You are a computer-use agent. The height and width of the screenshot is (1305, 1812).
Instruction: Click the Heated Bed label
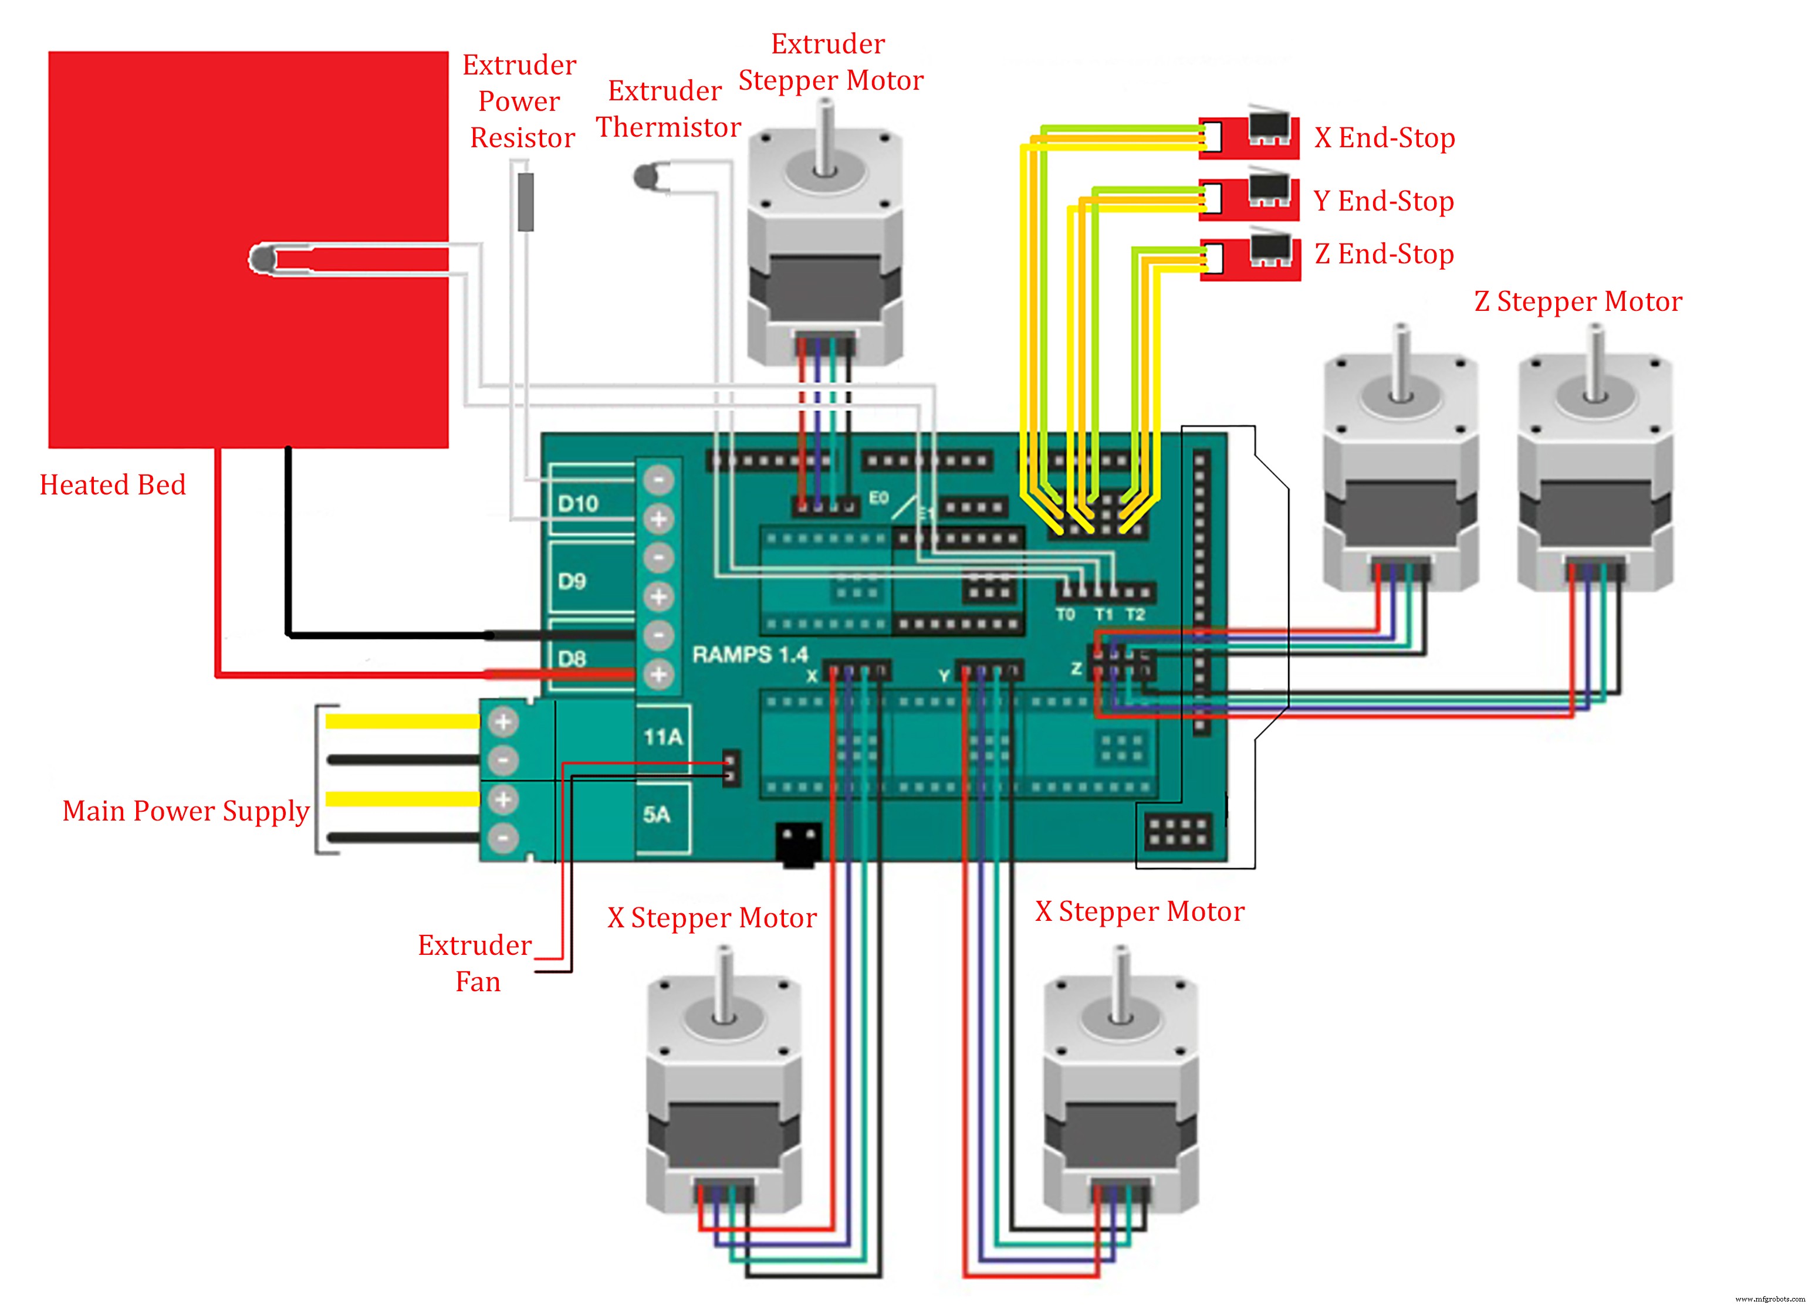coord(113,485)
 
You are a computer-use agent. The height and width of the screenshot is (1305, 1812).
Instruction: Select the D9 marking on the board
coord(572,581)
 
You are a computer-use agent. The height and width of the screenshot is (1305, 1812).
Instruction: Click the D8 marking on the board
coord(572,659)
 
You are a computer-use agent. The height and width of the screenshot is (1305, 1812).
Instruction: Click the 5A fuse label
coord(657,815)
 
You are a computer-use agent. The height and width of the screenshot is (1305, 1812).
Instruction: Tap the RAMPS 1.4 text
coord(750,655)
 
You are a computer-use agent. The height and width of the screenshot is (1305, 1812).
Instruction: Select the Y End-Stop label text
coord(1384,201)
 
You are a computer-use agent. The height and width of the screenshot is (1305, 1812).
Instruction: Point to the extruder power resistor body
coord(525,201)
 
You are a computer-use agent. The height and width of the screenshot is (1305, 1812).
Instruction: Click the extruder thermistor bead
coord(645,177)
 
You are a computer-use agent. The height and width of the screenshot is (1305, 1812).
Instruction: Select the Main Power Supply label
coord(185,811)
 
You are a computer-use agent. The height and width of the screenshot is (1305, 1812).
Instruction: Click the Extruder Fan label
coord(476,962)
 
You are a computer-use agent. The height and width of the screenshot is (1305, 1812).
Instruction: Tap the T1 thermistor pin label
coord(1103,614)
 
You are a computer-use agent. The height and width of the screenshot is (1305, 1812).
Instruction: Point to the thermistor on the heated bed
coord(262,260)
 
